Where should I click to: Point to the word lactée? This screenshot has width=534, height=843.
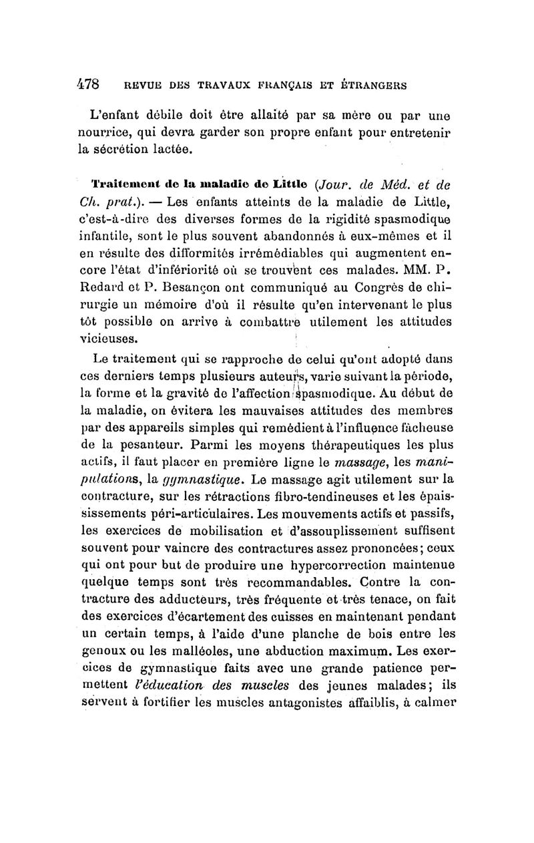[169, 149]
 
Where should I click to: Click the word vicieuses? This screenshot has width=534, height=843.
[108, 338]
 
